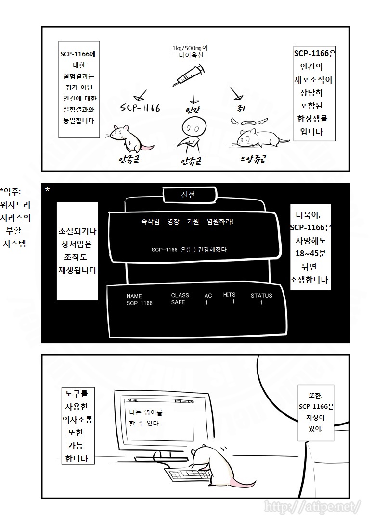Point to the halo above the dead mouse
(249, 121)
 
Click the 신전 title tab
(189, 195)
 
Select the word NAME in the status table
(134, 296)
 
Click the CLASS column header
(180, 295)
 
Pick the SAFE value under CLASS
(178, 303)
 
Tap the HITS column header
(229, 294)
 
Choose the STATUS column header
(261, 296)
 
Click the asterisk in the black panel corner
(47, 190)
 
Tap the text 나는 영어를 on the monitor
(146, 412)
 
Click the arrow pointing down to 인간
(193, 99)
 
